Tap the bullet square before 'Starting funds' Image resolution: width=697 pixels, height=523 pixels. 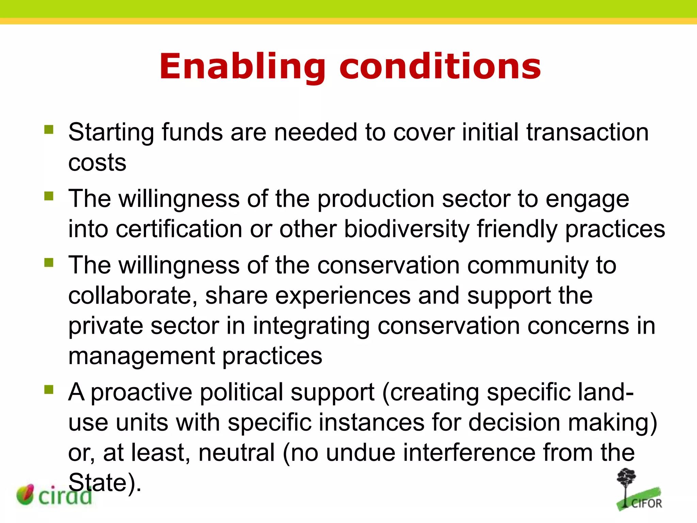pyautogui.click(x=49, y=130)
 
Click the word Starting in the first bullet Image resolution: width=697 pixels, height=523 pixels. pyautogui.click(x=111, y=133)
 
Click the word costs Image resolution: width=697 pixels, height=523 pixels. pyautogui.click(x=97, y=162)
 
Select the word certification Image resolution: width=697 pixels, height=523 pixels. pyautogui.click(x=179, y=229)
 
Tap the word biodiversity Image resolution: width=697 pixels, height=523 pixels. pyautogui.click(x=407, y=229)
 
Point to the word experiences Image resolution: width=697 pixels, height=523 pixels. pyautogui.click(x=343, y=296)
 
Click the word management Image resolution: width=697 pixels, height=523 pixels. pyautogui.click(x=142, y=357)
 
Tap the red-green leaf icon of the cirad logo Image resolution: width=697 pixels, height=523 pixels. pyautogui.click(x=25, y=494)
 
